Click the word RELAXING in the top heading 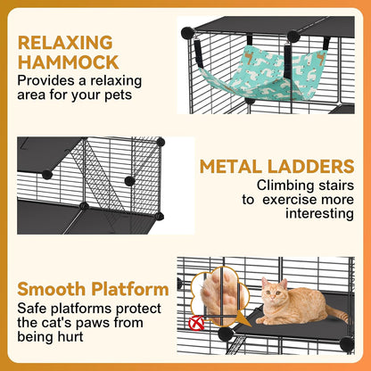65,42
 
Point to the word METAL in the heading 232,167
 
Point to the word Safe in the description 30,308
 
